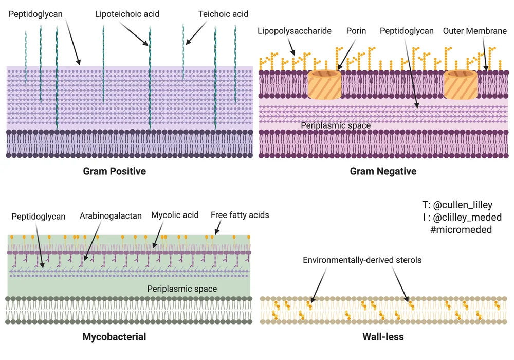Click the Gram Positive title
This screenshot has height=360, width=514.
[x=115, y=171]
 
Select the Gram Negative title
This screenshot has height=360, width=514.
[x=383, y=171]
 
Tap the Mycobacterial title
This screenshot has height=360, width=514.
[x=114, y=337]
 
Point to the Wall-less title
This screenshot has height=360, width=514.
[x=383, y=337]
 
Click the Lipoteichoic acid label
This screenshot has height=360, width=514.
[x=127, y=14]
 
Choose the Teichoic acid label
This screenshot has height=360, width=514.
[x=223, y=14]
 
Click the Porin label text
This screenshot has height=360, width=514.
[x=356, y=31]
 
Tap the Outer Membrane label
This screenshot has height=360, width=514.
[x=475, y=31]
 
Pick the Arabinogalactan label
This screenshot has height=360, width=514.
[x=111, y=216]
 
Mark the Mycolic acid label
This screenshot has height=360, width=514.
[x=175, y=215]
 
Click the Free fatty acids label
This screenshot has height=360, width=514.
[x=240, y=215]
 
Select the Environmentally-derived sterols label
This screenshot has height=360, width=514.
[x=362, y=260]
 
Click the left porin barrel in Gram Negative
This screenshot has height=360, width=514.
[x=325, y=84]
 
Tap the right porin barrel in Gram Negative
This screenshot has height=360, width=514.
[x=461, y=84]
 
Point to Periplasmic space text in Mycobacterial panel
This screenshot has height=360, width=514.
[x=182, y=289]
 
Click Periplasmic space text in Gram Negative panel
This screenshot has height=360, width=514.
[x=335, y=125]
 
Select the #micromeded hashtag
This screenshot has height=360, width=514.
[x=461, y=230]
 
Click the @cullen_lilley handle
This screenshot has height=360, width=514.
[x=461, y=205]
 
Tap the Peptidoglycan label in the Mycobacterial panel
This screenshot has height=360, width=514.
[x=39, y=217]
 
